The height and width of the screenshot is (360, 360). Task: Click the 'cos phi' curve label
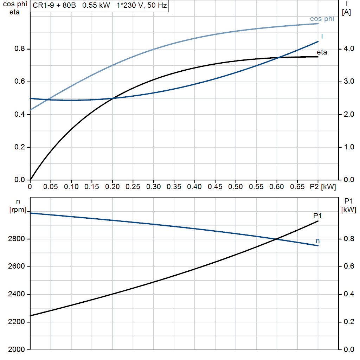pos(322,19)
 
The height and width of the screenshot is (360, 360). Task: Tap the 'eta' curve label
pos(322,52)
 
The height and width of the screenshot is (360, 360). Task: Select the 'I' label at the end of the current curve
pos(322,37)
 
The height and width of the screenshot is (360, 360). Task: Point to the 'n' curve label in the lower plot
pos(318,241)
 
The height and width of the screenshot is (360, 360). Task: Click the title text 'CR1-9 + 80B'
pos(52,6)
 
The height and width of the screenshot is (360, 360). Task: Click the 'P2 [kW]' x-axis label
pos(323,187)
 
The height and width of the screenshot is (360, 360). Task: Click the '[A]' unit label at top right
pos(346,12)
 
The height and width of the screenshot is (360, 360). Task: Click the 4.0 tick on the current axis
pos(348,49)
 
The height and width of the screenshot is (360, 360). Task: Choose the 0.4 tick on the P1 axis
pos(348,294)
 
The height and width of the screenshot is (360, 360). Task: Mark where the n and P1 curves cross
pos(276,239)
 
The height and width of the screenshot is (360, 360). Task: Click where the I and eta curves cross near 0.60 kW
pos(278,58)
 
